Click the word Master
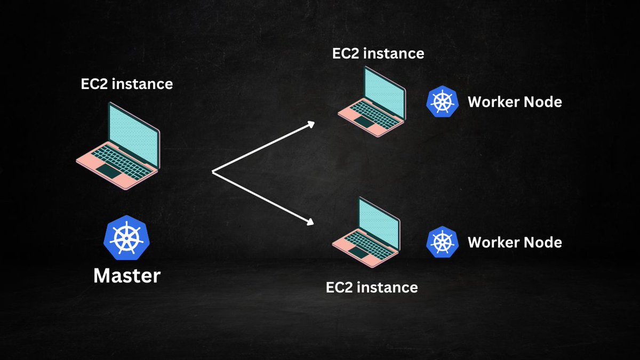point(127,276)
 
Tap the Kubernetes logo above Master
point(126,236)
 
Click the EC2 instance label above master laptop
point(126,84)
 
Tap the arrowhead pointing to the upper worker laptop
point(310,123)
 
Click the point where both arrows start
point(213,172)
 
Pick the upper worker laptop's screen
point(382,89)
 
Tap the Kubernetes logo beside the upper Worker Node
point(442,101)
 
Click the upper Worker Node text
point(515,101)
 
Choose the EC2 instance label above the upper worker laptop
point(378,53)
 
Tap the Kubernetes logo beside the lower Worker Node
point(442,242)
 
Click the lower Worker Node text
point(515,242)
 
